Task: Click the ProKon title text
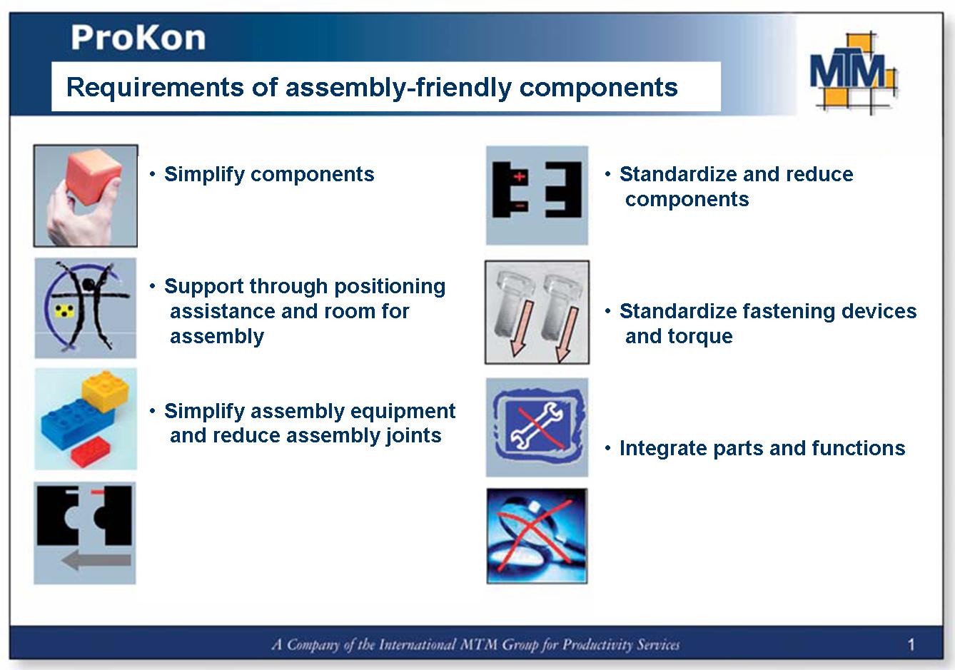[138, 38]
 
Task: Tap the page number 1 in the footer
[911, 645]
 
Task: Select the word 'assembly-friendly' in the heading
[398, 87]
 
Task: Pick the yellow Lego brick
[105, 392]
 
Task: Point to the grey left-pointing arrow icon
[96, 561]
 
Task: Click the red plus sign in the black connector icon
[520, 176]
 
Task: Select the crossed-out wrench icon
[537, 427]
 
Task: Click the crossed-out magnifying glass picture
[537, 536]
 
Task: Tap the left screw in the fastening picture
[515, 311]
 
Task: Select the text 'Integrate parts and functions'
[762, 448]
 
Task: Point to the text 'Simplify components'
[268, 174]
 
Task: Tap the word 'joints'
[413, 435]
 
